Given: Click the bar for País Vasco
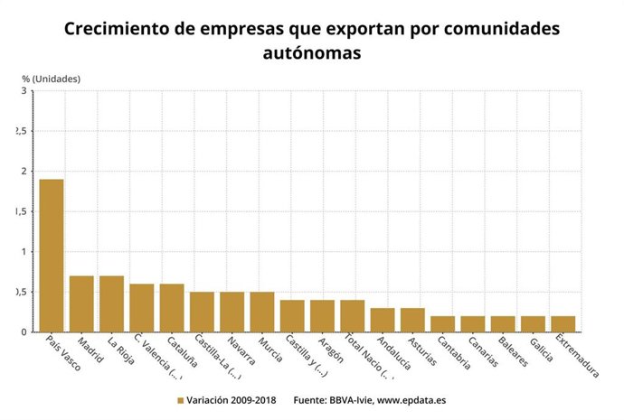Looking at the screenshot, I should (x=52, y=256).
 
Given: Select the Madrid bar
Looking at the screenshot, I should (x=81, y=303).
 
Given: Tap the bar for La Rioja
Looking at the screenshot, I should (x=111, y=303).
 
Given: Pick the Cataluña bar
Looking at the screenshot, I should (x=172, y=308).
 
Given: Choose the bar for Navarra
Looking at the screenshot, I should (x=232, y=312).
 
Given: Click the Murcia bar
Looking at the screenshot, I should (x=262, y=312).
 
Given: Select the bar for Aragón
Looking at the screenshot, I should (x=322, y=316).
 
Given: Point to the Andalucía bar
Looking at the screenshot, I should (x=383, y=320).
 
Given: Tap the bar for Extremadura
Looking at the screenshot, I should (x=563, y=324).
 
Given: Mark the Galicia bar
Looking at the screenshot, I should (x=533, y=324).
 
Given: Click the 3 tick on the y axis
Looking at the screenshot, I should (x=24, y=91).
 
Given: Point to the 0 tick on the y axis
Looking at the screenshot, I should (x=24, y=332).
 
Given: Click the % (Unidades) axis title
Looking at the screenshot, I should (x=52, y=78).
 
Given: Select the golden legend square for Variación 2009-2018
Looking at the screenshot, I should (x=180, y=399).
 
